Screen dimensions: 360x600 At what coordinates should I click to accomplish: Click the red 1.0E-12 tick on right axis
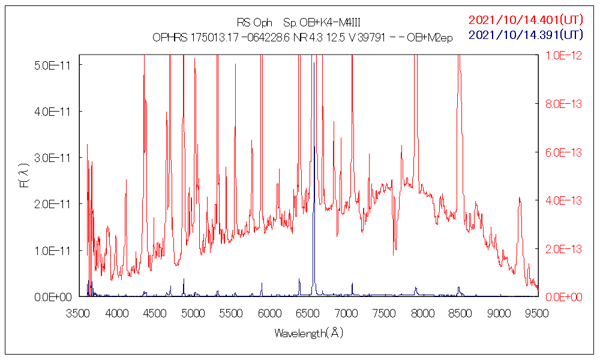(564, 55)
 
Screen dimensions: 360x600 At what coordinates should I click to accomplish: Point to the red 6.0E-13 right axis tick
(564, 152)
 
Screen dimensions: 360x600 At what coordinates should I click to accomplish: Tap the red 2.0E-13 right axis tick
(564, 248)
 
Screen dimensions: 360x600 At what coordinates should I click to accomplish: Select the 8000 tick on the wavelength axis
(422, 313)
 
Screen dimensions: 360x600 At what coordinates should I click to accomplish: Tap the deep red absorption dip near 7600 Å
(394, 253)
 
